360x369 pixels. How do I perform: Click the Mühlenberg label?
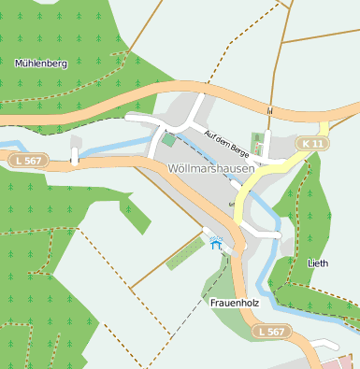[41, 64]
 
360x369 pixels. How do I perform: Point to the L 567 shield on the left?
[29, 161]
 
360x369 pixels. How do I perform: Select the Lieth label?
[318, 263]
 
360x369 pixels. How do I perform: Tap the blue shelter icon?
[217, 244]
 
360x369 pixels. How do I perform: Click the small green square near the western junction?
[168, 140]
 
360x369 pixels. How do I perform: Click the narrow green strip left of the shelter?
[184, 255]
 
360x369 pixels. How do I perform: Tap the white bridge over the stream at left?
[75, 156]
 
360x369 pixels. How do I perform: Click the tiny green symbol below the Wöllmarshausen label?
[231, 203]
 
